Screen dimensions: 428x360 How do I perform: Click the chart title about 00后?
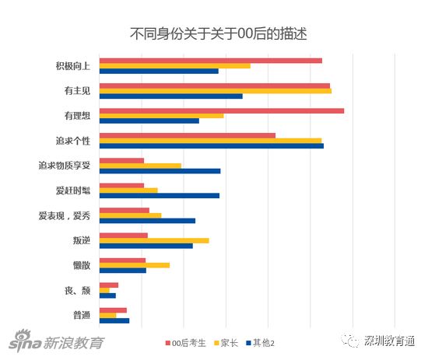[x=219, y=33]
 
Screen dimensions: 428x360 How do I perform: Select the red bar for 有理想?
[x=222, y=110]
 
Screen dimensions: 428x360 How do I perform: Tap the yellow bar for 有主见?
[x=216, y=91]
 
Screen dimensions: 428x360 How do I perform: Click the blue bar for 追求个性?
[x=212, y=146]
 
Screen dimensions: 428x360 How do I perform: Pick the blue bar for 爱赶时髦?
[x=160, y=195]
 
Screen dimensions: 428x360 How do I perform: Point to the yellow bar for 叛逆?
[x=154, y=240]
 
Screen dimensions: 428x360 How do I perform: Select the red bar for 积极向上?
[x=211, y=61]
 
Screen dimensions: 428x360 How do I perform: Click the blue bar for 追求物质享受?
[x=160, y=171]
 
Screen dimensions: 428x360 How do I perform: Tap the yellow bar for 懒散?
[x=135, y=265]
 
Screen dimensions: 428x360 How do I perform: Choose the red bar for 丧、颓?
[x=109, y=285]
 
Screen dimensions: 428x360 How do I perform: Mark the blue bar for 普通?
[x=114, y=320]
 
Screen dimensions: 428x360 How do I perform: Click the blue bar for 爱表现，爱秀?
[x=147, y=221]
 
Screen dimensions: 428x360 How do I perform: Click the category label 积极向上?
[x=73, y=66]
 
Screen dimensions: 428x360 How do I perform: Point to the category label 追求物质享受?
[x=65, y=166]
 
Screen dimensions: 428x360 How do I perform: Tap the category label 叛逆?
[x=82, y=240]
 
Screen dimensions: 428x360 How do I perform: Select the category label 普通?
[x=82, y=315]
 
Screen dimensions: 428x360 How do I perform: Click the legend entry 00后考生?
[x=186, y=343]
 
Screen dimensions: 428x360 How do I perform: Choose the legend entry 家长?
[x=226, y=343]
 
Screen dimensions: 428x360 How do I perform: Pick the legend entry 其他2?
[x=261, y=343]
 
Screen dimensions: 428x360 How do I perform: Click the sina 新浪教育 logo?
[x=56, y=341]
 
